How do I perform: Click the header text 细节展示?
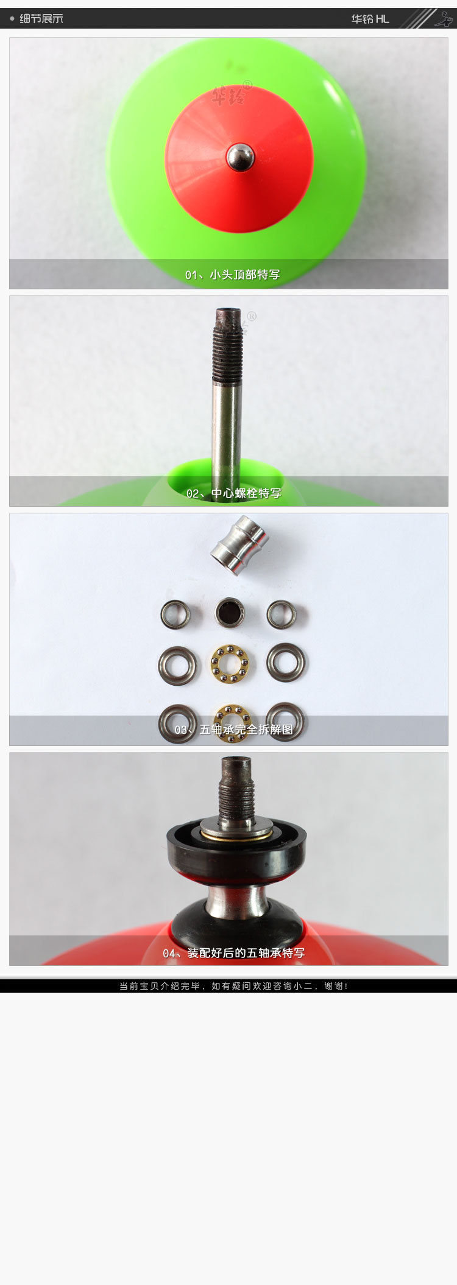click(41, 19)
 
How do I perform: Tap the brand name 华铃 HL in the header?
click(370, 19)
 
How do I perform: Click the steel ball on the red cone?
click(240, 157)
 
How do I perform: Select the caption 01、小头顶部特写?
click(233, 275)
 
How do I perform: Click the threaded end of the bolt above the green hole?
click(227, 346)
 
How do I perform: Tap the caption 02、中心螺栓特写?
click(234, 493)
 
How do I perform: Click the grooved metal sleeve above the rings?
click(239, 545)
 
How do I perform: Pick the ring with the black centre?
click(230, 613)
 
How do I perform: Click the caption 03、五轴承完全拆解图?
click(234, 730)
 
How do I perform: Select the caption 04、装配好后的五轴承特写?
click(234, 953)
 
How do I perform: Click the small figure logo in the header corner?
click(444, 19)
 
